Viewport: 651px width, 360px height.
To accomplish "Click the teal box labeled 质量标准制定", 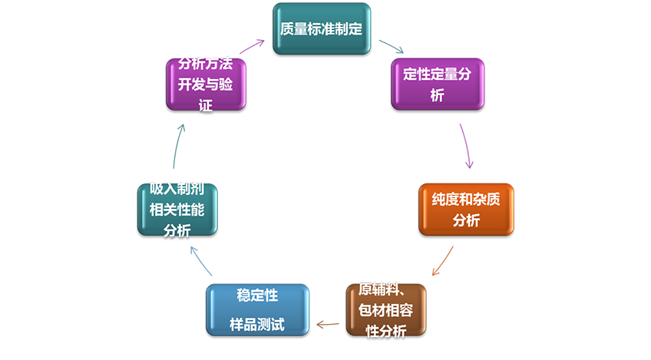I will pos(321,28).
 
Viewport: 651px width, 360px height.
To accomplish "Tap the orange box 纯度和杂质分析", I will pos(466,209).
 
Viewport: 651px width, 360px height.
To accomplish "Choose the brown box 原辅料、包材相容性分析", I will pos(386,310).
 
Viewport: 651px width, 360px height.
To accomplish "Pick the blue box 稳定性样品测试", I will pos(257,310).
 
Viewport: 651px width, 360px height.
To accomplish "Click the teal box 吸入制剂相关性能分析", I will pos(177,209).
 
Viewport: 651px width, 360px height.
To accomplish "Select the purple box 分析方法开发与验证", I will pos(205,84).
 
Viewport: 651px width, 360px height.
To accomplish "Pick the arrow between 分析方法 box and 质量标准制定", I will pos(249,38).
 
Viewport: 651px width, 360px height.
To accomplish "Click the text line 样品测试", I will pos(257,325).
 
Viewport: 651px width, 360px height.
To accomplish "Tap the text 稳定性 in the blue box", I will pos(257,296).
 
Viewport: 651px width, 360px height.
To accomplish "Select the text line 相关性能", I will pos(177,209).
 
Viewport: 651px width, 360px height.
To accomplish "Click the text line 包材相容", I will pos(386,310).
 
